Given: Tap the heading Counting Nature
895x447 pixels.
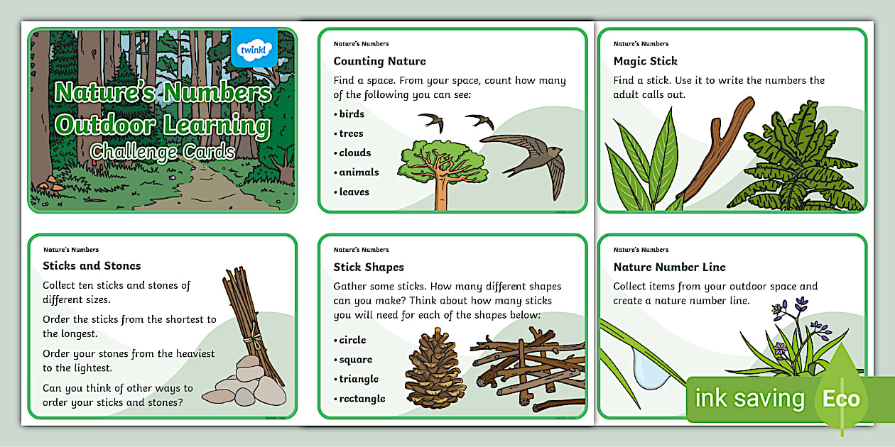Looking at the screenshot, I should (379, 61).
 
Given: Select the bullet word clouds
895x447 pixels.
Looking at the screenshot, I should (354, 153).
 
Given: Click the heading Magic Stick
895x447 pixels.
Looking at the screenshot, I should (645, 61).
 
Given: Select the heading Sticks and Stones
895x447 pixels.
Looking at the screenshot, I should (92, 266).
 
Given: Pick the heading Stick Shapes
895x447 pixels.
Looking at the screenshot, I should (369, 267).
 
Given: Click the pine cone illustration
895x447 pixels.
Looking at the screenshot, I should (435, 369).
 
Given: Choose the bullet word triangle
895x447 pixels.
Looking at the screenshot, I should (359, 379).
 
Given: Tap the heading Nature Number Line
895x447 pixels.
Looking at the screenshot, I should (669, 267).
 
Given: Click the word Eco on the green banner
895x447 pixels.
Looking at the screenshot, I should (841, 399).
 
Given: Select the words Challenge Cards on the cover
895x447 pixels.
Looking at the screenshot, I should (163, 151).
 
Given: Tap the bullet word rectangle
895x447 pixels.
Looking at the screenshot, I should (362, 399).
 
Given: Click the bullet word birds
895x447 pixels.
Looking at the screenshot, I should (352, 114).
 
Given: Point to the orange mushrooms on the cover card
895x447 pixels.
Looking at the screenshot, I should (47, 183).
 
